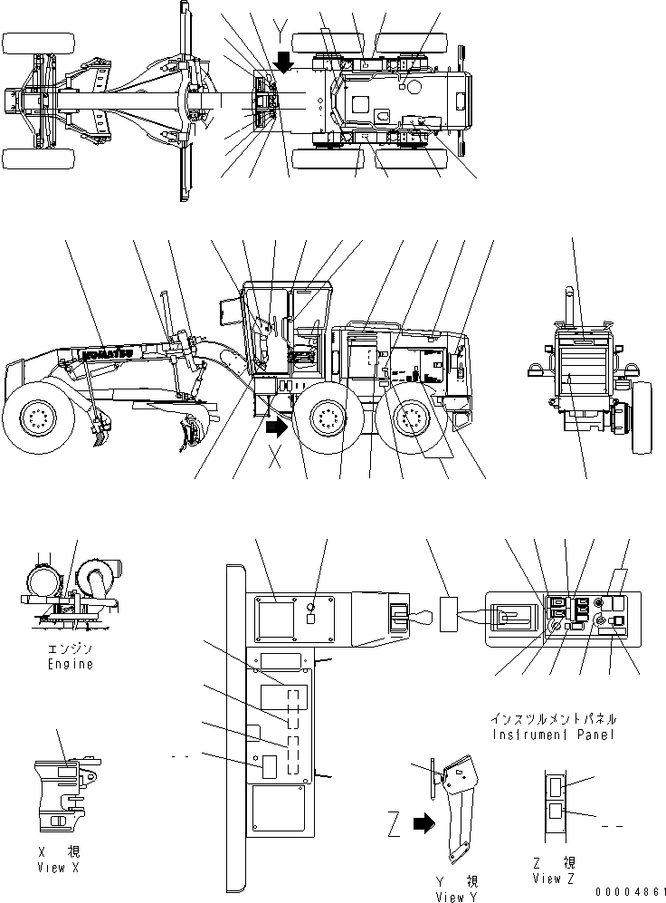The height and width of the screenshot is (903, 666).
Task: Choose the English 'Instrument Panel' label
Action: (553, 735)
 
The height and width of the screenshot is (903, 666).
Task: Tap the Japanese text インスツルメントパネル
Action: (553, 719)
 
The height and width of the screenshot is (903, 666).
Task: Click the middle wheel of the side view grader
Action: (328, 419)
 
